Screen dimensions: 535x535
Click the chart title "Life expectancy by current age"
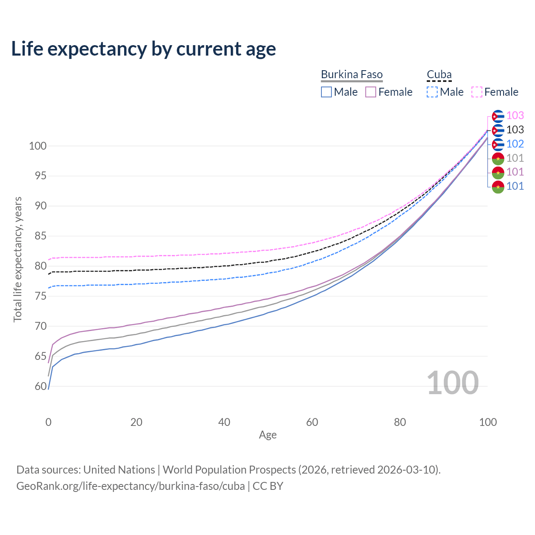[143, 49]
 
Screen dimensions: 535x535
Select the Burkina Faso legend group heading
[352, 75]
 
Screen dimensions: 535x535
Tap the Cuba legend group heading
[439, 75]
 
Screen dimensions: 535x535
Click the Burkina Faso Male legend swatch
[326, 92]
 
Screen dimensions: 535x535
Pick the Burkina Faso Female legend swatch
[371, 92]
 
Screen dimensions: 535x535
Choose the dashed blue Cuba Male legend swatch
[432, 92]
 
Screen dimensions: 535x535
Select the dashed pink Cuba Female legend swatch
[477, 92]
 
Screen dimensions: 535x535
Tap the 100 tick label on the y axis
[38, 146]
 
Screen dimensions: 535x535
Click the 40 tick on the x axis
[224, 422]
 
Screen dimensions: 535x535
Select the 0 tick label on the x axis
[48, 422]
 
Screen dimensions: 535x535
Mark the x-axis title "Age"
[267, 435]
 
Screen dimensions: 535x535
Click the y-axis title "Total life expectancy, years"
[18, 259]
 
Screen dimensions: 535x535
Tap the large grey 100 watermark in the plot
[453, 383]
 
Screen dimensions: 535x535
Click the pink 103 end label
[515, 115]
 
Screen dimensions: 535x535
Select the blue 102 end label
[515, 144]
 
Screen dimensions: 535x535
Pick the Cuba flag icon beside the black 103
[498, 130]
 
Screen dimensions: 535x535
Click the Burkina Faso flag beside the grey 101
[498, 158]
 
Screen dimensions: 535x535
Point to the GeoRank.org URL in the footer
[130, 486]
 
